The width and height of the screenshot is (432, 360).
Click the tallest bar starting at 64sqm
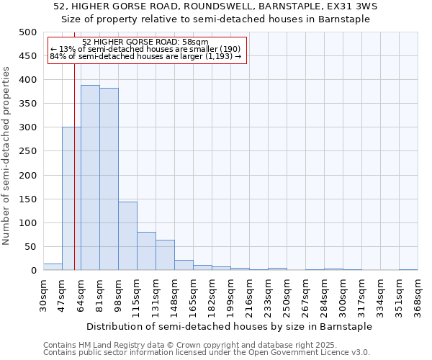coord(90,178)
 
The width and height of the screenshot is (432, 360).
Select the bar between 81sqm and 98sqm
coord(109,179)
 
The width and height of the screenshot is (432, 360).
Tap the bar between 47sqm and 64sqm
coord(71,199)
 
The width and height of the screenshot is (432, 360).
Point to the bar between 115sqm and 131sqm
coord(146,251)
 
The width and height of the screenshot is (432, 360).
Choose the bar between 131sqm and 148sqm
coord(165,256)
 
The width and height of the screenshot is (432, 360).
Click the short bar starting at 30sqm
coord(53,267)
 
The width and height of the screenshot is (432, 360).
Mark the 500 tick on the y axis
coord(28,32)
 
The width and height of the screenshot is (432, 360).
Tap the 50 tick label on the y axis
coord(31,247)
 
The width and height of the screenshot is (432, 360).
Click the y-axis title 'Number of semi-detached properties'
coord(6,156)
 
